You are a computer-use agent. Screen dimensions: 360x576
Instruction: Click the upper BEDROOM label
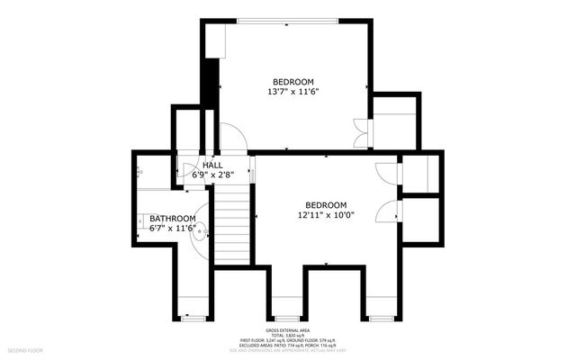(293, 82)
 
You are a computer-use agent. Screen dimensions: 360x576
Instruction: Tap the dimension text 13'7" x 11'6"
(293, 92)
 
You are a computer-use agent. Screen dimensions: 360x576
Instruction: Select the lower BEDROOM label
(325, 204)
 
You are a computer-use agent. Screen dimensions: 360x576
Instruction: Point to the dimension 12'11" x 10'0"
(325, 215)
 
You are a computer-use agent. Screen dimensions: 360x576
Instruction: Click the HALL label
(212, 166)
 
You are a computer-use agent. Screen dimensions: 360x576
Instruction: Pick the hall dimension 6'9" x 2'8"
(212, 175)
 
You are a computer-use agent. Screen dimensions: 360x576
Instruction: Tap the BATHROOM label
(172, 219)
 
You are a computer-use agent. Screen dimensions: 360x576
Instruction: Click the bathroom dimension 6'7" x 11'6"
(172, 229)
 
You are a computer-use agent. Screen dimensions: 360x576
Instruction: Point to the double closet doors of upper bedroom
(361, 133)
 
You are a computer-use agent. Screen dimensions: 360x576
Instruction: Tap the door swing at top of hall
(232, 138)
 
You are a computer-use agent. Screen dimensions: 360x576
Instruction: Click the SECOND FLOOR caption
(26, 348)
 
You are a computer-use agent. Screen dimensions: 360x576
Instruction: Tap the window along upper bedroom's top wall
(288, 20)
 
